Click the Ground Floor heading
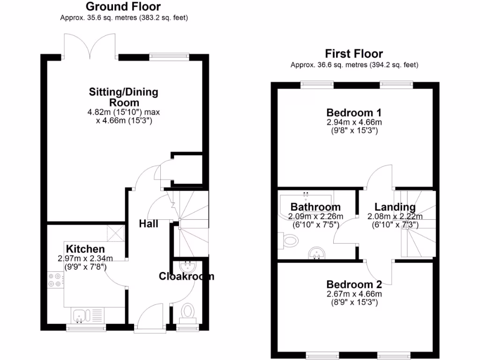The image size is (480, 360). (123, 7)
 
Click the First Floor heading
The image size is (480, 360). (354, 54)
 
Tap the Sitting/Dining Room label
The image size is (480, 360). (124, 97)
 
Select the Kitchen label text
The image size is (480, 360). (85, 248)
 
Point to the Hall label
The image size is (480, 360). (148, 224)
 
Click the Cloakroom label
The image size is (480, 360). (186, 276)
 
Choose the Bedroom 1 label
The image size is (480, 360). (354, 113)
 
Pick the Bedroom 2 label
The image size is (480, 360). (354, 285)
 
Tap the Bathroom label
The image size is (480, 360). (315, 207)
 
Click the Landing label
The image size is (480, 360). (395, 207)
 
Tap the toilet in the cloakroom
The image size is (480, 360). (188, 311)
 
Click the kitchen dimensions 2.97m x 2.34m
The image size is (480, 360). (85, 258)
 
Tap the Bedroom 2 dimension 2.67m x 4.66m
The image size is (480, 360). (354, 294)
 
